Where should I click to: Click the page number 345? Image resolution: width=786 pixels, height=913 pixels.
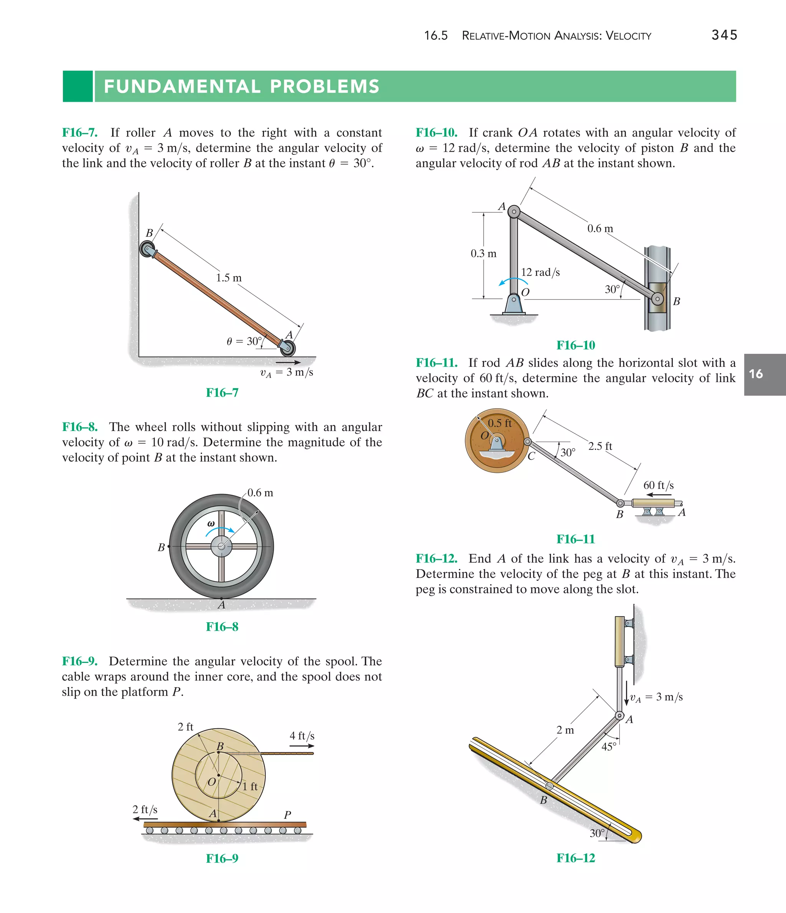click(x=724, y=35)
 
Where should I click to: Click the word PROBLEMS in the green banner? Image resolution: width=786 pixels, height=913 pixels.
click(x=325, y=86)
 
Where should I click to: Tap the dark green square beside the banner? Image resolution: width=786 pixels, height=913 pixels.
click(x=78, y=86)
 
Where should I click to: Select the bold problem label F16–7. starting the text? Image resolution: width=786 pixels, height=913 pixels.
click(x=80, y=133)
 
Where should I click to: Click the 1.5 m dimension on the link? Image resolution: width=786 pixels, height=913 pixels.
click(x=228, y=278)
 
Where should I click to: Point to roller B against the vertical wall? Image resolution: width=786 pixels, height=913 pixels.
click(x=147, y=249)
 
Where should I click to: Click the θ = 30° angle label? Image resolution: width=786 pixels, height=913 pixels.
click(x=243, y=341)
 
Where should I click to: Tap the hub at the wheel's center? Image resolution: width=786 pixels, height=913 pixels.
click(x=221, y=547)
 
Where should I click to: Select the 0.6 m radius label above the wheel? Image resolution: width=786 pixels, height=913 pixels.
click(x=260, y=493)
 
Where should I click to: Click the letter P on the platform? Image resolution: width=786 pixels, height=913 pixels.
click(x=287, y=815)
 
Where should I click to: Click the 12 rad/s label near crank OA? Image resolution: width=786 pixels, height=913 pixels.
click(x=540, y=272)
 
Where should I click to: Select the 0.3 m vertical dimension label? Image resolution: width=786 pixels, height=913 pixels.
click(x=483, y=254)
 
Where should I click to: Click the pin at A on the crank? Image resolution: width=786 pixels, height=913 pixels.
click(x=514, y=212)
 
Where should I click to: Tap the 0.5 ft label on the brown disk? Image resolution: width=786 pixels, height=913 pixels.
click(x=499, y=423)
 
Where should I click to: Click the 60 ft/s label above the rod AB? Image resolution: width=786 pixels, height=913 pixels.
click(x=658, y=485)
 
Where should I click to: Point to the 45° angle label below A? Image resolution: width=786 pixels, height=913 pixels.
click(x=609, y=746)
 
